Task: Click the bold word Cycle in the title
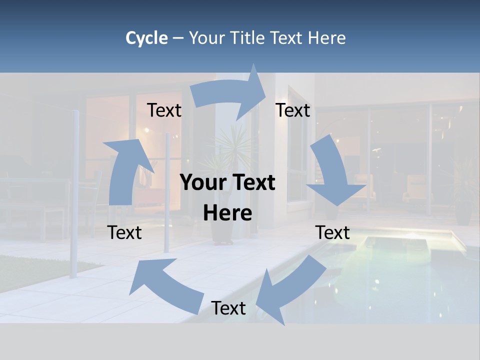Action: pos(146,38)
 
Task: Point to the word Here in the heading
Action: pos(326,38)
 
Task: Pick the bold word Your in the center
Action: pos(203,183)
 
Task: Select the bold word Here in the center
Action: pos(227,213)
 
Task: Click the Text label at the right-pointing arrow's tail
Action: pos(164,110)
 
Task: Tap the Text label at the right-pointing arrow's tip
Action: pos(293,110)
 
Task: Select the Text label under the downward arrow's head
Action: pos(332,232)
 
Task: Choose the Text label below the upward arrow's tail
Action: pos(124,232)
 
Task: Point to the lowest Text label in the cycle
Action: pos(228,308)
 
